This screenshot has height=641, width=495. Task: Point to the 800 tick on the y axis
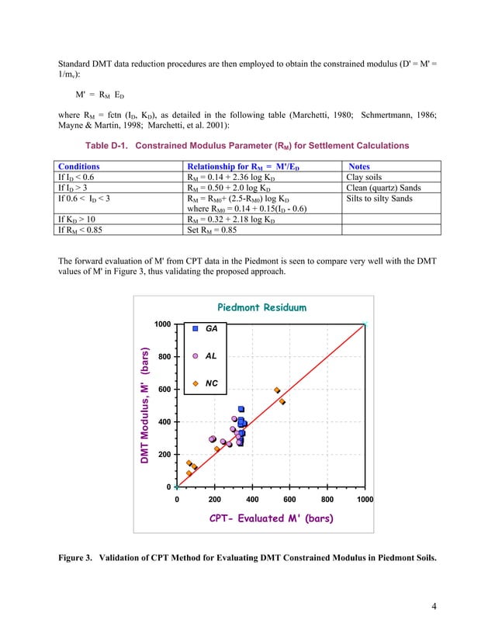[164, 356]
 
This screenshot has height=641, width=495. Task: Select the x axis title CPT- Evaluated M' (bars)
[272, 518]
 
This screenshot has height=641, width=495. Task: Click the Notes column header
[359, 166]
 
